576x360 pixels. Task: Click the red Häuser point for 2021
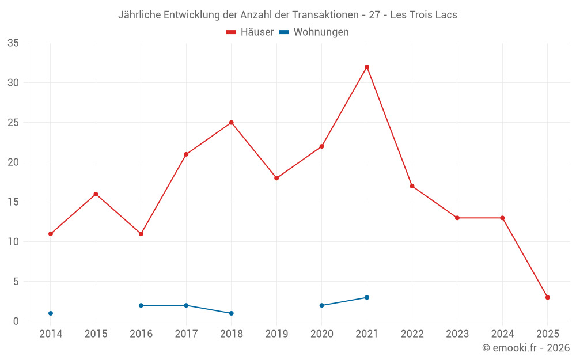coord(367,67)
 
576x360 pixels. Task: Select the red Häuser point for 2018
coord(232,123)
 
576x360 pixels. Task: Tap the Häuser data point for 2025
coord(548,297)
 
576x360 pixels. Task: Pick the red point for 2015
coord(96,194)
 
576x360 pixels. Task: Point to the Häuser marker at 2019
coord(276,178)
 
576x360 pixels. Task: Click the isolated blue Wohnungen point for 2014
coord(51,313)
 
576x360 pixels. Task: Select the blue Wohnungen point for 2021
coord(367,297)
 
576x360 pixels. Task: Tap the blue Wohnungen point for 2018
coord(232,313)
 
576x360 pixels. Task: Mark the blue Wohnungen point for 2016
coord(141,305)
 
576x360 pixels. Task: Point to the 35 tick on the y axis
coord(13,43)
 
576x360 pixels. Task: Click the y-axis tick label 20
coord(13,162)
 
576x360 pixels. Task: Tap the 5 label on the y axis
coord(16,282)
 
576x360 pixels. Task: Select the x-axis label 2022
coord(412,334)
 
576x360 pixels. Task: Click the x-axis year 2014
coord(51,334)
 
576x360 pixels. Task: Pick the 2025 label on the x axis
coord(548,334)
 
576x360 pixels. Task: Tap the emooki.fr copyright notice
coord(525,348)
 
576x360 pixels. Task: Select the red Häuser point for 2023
coord(457,218)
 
